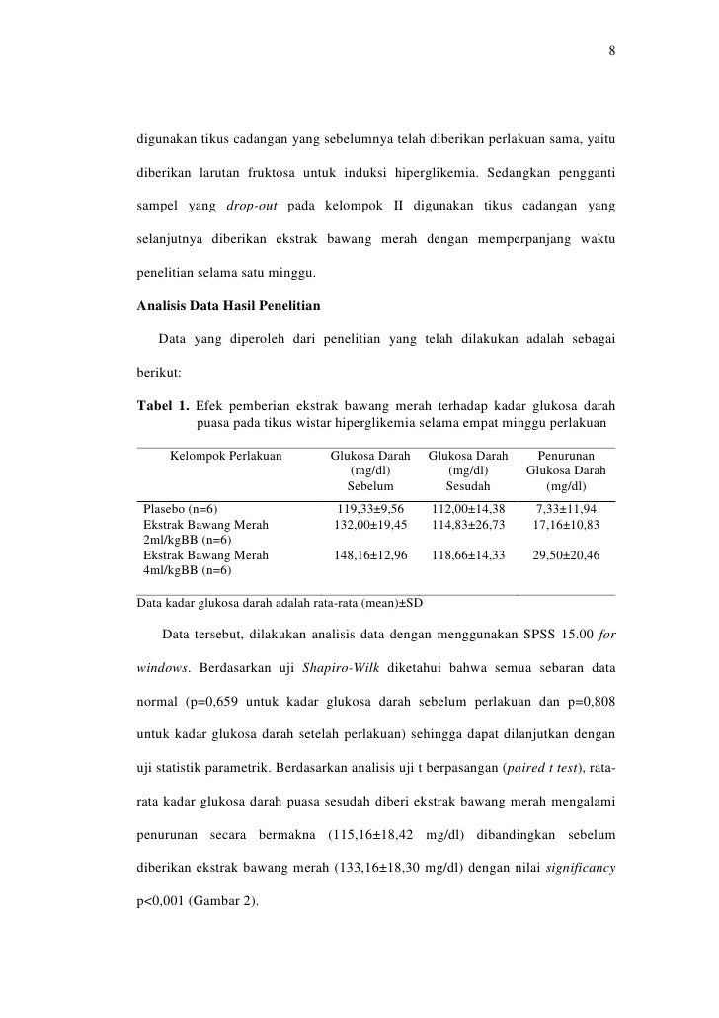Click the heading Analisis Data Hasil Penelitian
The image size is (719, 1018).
[234, 305]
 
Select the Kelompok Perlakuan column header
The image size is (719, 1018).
[226, 456]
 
